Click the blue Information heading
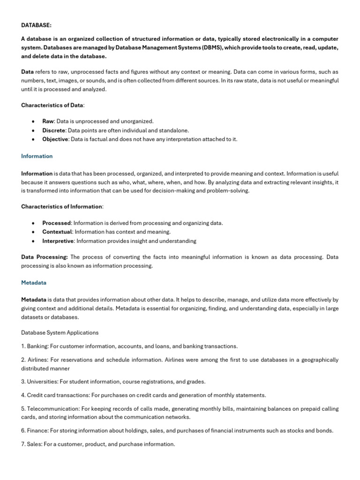[x=37, y=156]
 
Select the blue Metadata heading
[x=34, y=283]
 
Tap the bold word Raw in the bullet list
[x=48, y=121]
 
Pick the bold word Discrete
[x=53, y=130]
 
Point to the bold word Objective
[x=55, y=139]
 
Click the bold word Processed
[x=56, y=223]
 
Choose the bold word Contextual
[x=57, y=232]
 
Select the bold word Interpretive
[x=58, y=241]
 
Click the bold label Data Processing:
[x=45, y=257]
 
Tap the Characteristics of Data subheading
[x=52, y=105]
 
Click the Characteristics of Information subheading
[x=61, y=207]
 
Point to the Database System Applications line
[x=60, y=332]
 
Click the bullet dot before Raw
[x=33, y=121]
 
